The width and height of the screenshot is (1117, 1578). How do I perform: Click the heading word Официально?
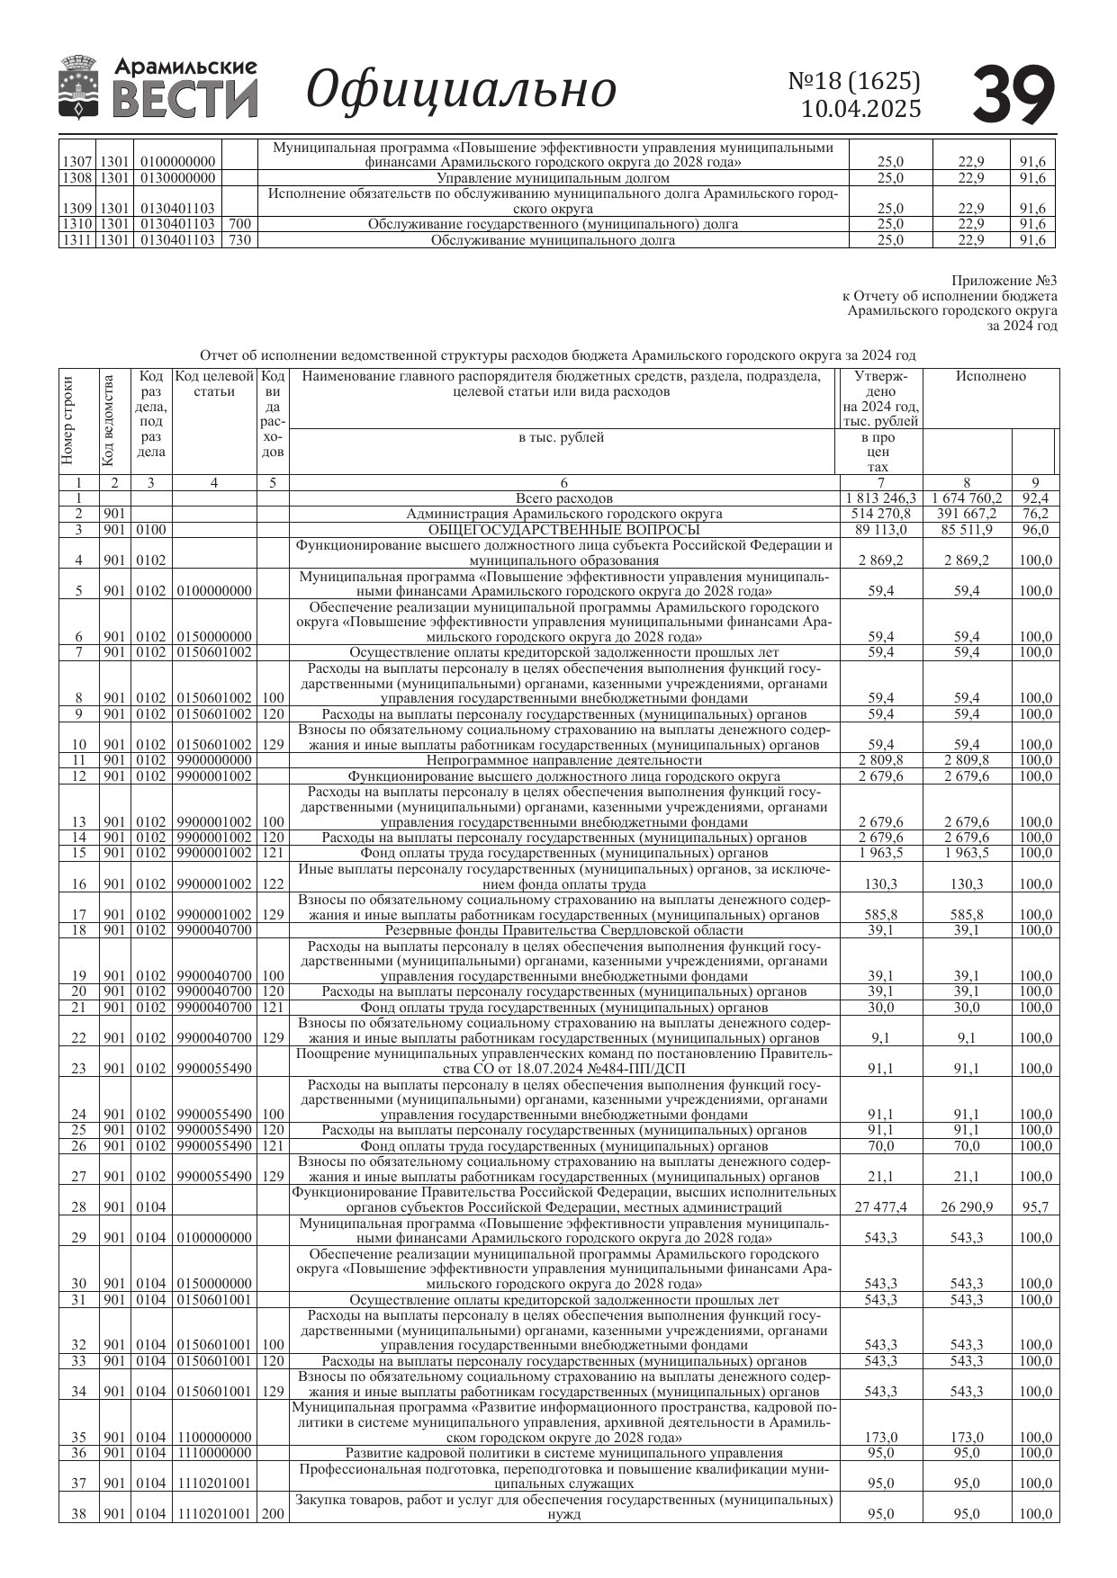point(461,89)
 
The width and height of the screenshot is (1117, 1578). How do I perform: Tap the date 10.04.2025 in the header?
point(860,110)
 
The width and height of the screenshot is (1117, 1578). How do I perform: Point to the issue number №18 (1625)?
point(854,81)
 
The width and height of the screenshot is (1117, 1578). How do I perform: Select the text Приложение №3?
point(1004,282)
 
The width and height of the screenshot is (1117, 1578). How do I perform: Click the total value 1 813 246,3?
point(880,498)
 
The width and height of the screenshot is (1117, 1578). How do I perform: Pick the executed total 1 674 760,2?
point(967,498)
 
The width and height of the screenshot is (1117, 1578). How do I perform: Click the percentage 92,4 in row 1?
point(1034,498)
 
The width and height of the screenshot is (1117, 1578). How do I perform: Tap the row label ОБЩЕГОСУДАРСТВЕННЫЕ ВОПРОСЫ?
point(563,530)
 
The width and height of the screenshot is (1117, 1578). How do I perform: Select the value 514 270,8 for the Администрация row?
point(880,514)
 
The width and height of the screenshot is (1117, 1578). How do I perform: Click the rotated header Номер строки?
point(68,420)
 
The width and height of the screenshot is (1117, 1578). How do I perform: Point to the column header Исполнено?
point(990,377)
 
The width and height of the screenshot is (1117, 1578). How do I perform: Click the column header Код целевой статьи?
point(214,384)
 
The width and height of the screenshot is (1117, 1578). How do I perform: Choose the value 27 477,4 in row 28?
point(880,1207)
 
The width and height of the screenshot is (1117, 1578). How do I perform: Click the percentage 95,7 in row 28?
point(1035,1207)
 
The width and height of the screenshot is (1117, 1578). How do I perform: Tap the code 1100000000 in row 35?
point(214,1438)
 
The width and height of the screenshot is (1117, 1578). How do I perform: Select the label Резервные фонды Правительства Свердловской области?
point(563,930)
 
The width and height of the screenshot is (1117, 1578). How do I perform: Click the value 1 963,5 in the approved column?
point(880,853)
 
